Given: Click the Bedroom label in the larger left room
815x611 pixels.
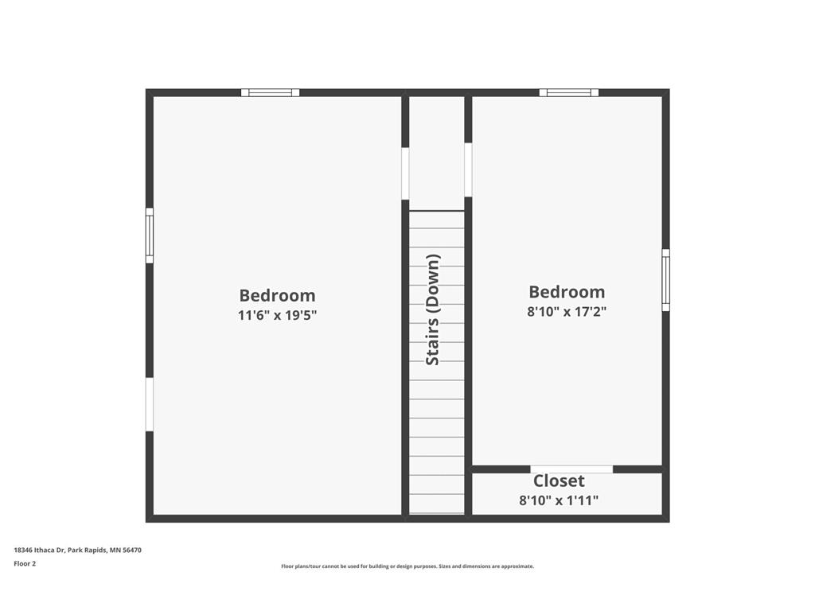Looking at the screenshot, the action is point(277,295).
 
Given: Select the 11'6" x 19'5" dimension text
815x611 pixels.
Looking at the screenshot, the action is point(277,315).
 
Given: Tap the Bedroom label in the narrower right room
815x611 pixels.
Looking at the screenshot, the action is point(567,291).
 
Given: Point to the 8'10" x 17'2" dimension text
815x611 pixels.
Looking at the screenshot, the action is point(567,311).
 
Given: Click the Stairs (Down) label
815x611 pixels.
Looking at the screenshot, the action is point(433,309).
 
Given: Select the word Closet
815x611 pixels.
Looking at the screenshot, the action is point(559,481).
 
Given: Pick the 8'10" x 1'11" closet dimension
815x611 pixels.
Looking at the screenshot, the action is point(559,500).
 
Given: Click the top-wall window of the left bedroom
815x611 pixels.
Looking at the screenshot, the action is point(271,92).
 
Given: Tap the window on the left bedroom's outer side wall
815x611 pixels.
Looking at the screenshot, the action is point(149,235).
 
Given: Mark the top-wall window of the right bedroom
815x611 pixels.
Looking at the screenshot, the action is point(568,92).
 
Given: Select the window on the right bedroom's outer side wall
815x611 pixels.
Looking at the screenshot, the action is point(666,280).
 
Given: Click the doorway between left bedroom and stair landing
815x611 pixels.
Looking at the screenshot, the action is point(405,173).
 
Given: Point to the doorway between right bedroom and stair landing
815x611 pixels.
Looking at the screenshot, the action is point(468,170).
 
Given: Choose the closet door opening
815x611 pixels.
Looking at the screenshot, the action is point(571,469).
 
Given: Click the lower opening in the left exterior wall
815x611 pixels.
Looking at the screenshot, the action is point(149,404).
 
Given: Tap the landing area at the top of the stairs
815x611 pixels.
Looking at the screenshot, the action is point(437,154).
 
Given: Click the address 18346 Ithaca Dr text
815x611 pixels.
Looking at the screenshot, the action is point(40,550).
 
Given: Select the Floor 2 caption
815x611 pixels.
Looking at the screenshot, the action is point(25,563).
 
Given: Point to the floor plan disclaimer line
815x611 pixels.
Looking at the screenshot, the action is point(407,566).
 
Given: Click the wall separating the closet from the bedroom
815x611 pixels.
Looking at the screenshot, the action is point(567,469).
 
